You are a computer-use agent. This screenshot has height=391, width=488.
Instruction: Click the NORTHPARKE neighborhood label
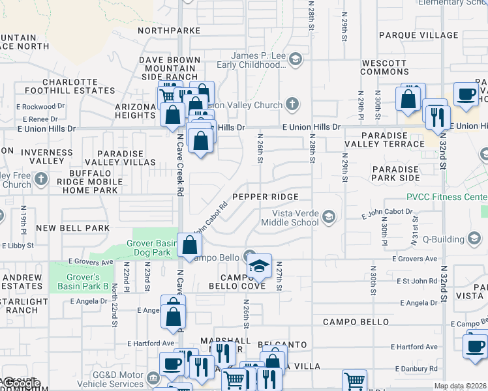point(169,30)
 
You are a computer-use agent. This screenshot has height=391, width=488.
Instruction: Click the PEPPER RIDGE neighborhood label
point(265,197)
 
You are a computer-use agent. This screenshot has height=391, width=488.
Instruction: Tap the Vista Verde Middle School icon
point(328,217)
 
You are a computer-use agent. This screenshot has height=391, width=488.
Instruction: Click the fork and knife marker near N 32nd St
point(437,117)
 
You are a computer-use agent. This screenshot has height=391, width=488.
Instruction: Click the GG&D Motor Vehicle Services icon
point(153,377)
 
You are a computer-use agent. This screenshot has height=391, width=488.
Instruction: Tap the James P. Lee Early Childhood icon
point(296,61)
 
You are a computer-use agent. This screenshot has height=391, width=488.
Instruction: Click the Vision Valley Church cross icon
point(292,104)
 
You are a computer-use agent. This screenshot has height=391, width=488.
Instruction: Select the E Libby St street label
point(19,246)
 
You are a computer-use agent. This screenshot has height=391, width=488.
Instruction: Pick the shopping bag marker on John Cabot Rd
point(189,246)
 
